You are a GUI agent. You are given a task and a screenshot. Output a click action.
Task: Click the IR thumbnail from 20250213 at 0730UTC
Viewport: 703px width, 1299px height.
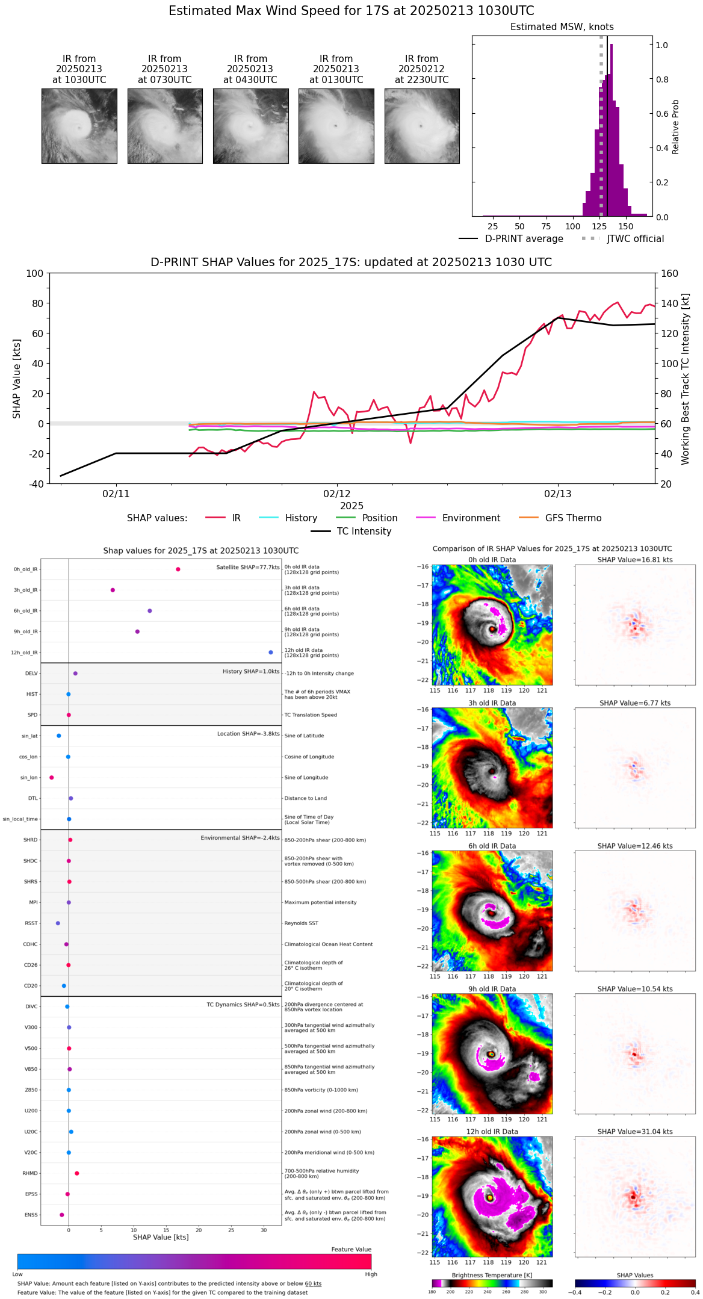click(165, 126)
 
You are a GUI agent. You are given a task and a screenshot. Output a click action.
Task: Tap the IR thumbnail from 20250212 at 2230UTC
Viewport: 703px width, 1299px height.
click(422, 126)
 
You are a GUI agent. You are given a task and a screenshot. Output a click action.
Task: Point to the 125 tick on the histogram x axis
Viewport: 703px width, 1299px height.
click(599, 226)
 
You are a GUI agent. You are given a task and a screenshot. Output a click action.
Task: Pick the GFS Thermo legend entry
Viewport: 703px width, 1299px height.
click(573, 518)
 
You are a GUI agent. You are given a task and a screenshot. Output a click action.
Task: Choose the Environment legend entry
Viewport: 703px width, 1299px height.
click(471, 518)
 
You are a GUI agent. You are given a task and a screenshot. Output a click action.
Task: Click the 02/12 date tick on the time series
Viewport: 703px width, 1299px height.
click(337, 494)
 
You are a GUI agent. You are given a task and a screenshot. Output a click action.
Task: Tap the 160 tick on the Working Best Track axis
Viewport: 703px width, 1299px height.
click(670, 273)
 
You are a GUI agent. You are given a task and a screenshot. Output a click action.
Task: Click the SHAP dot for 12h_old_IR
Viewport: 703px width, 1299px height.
click(271, 653)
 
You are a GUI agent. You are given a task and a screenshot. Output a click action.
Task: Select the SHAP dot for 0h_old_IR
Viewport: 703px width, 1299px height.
click(178, 569)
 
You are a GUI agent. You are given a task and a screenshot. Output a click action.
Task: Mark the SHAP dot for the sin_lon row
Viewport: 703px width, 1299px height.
click(52, 778)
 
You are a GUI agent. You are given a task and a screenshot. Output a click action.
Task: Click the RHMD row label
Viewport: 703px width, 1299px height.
click(30, 1173)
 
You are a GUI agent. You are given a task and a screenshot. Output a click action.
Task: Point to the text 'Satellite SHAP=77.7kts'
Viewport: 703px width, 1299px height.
click(248, 567)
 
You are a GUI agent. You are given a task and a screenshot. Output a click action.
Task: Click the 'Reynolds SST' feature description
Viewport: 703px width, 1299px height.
click(302, 923)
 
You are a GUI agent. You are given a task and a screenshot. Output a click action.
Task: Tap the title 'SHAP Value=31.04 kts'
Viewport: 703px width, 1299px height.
click(635, 1132)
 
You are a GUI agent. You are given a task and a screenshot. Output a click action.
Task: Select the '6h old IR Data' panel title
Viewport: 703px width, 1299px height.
click(492, 846)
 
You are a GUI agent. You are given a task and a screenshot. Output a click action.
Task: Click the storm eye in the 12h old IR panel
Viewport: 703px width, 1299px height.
click(491, 1197)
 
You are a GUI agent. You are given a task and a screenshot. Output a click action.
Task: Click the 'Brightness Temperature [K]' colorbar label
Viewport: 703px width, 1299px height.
click(492, 1275)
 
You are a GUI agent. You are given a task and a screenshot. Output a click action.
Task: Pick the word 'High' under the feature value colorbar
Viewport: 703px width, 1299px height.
click(371, 1274)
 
